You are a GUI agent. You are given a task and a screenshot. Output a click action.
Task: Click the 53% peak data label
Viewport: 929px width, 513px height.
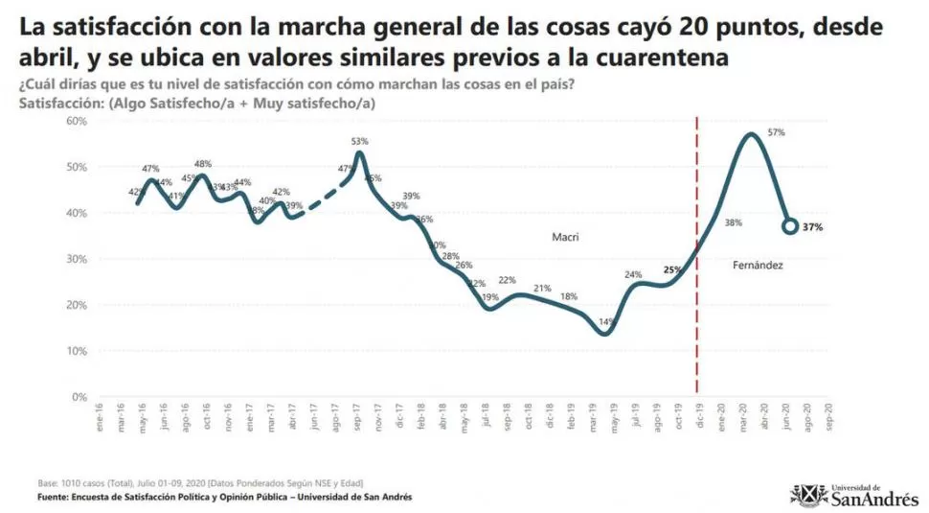point(359,142)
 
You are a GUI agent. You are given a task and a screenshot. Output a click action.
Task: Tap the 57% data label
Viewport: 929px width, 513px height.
point(776,132)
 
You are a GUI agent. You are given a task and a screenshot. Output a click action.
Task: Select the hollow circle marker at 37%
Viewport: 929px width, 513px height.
point(790,226)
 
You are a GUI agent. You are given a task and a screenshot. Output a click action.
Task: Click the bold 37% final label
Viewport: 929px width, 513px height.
point(813,227)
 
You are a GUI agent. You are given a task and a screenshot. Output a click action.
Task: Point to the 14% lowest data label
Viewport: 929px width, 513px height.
point(605,322)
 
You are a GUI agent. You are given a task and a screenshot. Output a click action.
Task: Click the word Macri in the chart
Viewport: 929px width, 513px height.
point(567,236)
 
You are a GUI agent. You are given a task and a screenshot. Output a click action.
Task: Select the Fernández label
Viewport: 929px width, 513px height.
point(757,264)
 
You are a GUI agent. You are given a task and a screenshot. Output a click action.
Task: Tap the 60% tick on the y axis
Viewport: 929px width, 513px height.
point(77,121)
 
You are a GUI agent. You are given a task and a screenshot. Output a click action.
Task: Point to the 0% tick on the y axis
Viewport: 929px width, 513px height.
point(79,396)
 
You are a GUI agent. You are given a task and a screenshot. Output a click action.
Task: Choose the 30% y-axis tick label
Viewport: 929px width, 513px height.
point(77,259)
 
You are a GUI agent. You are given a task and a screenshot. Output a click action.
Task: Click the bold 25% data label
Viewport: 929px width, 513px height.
point(672,270)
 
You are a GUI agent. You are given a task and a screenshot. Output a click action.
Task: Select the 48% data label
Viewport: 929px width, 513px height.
point(203,164)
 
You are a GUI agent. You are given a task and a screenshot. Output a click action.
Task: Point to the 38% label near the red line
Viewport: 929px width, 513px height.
point(734,222)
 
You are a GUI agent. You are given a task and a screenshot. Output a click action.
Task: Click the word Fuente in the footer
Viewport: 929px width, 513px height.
point(56,498)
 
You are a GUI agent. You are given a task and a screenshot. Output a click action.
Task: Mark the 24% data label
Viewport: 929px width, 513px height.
point(633,275)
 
